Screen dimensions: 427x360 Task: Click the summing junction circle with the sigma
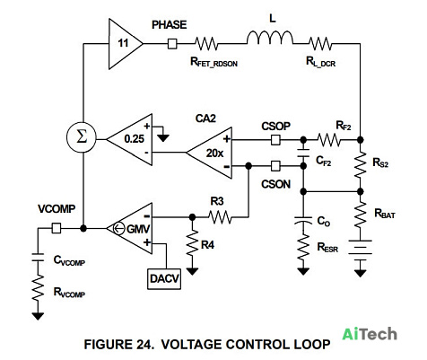[82, 137]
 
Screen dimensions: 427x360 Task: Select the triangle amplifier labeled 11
[124, 44]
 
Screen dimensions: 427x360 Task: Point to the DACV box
[164, 279]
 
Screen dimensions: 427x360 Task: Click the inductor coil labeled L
[270, 38]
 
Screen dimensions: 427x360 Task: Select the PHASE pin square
[172, 44]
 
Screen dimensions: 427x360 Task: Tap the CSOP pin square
[275, 140]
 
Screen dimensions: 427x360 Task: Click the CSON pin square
[275, 166]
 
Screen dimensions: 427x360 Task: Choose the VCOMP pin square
[57, 228]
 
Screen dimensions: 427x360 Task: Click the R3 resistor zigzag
[220, 216]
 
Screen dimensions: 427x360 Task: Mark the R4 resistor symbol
[192, 243]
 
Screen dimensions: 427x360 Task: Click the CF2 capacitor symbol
[303, 153]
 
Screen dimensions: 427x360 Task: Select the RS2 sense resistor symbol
[361, 165]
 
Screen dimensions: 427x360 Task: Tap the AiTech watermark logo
[370, 334]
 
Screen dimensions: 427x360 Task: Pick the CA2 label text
[205, 119]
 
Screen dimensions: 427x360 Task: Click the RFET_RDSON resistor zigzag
[206, 44]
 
